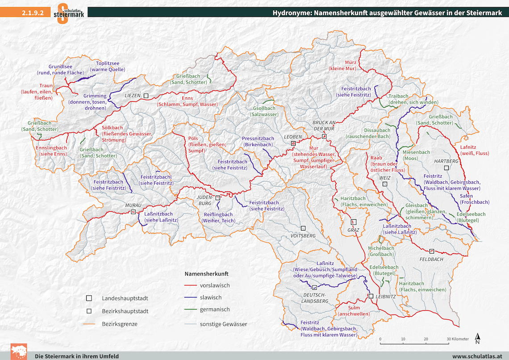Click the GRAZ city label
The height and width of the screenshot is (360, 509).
click(x=353, y=230)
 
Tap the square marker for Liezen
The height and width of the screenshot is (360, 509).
click(x=146, y=95)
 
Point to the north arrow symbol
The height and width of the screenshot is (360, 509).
click(x=477, y=339)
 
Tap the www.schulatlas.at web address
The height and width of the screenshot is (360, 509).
click(x=477, y=356)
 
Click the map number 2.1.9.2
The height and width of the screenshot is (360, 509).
click(x=33, y=13)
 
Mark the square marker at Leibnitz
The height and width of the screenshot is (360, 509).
click(x=371, y=296)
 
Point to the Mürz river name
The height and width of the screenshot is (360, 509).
click(x=350, y=63)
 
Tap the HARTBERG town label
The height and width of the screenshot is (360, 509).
click(x=446, y=161)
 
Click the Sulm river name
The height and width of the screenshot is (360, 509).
click(x=354, y=307)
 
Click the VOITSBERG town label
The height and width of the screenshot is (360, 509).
click(x=303, y=235)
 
